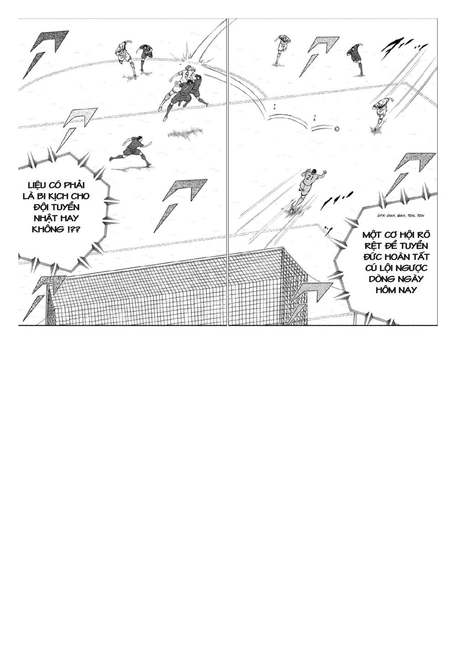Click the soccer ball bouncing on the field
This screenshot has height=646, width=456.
point(337,129)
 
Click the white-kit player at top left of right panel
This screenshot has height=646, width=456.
point(282,48)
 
